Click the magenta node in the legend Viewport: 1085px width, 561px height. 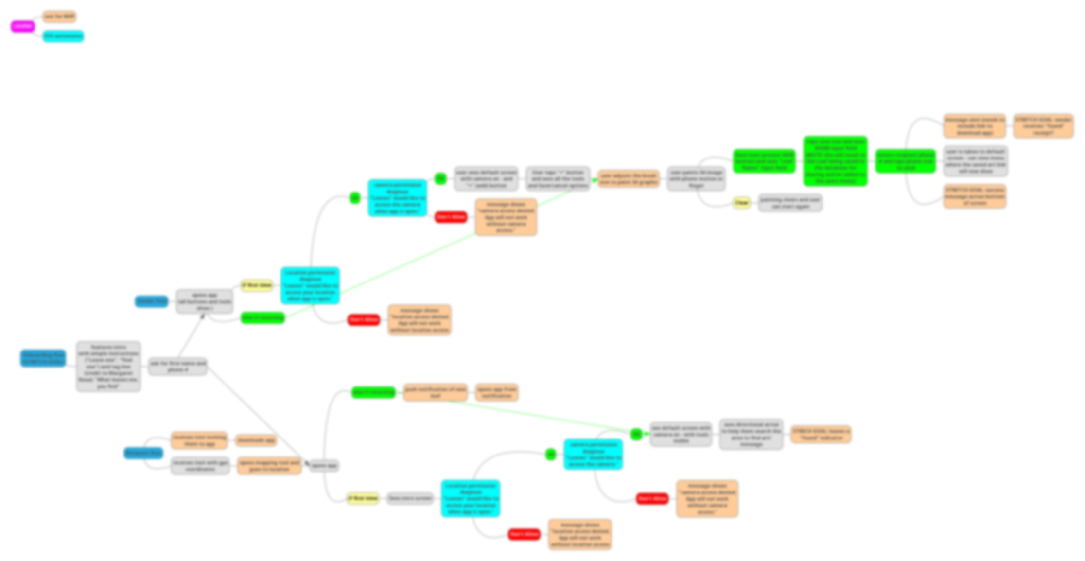coord(21,26)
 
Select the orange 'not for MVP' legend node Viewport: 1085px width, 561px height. coord(59,17)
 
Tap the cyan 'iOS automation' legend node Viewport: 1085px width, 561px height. coord(63,36)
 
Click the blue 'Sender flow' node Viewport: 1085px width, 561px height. coord(151,301)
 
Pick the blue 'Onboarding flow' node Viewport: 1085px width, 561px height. coord(43,358)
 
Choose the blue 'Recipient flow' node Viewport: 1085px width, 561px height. coord(143,453)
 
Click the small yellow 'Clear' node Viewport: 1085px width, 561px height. coord(742,203)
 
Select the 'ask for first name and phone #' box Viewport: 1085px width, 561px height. coord(177,367)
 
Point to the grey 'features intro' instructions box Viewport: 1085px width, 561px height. coord(108,367)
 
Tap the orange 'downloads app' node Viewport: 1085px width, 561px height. coord(256,440)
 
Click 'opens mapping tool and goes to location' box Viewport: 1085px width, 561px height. coord(269,466)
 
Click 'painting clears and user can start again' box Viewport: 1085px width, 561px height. coord(790,203)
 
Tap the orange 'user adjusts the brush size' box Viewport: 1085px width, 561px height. coord(629,179)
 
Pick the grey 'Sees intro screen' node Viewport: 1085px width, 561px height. coord(410,499)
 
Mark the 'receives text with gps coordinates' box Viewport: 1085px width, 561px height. coord(200,466)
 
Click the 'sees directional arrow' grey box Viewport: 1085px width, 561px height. coord(751,434)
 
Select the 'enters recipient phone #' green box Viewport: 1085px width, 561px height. coord(905,160)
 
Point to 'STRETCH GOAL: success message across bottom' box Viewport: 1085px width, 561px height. coord(975,196)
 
